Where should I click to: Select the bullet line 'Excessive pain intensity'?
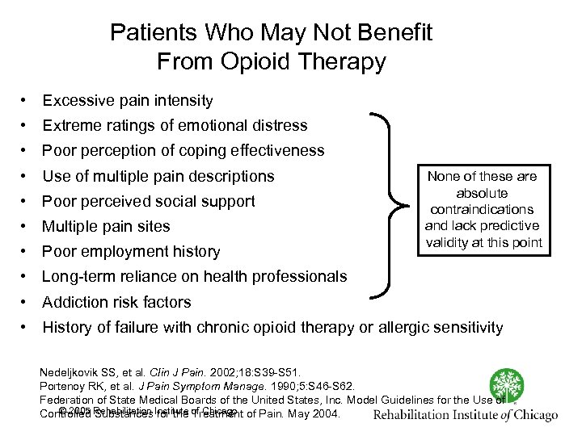click(x=128, y=101)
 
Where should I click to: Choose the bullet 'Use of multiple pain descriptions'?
click(x=158, y=176)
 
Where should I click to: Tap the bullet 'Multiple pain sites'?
click(x=117, y=226)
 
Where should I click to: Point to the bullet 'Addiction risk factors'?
click(x=116, y=302)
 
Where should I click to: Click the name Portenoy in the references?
click(x=65, y=386)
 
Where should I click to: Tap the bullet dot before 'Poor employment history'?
click(x=27, y=251)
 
